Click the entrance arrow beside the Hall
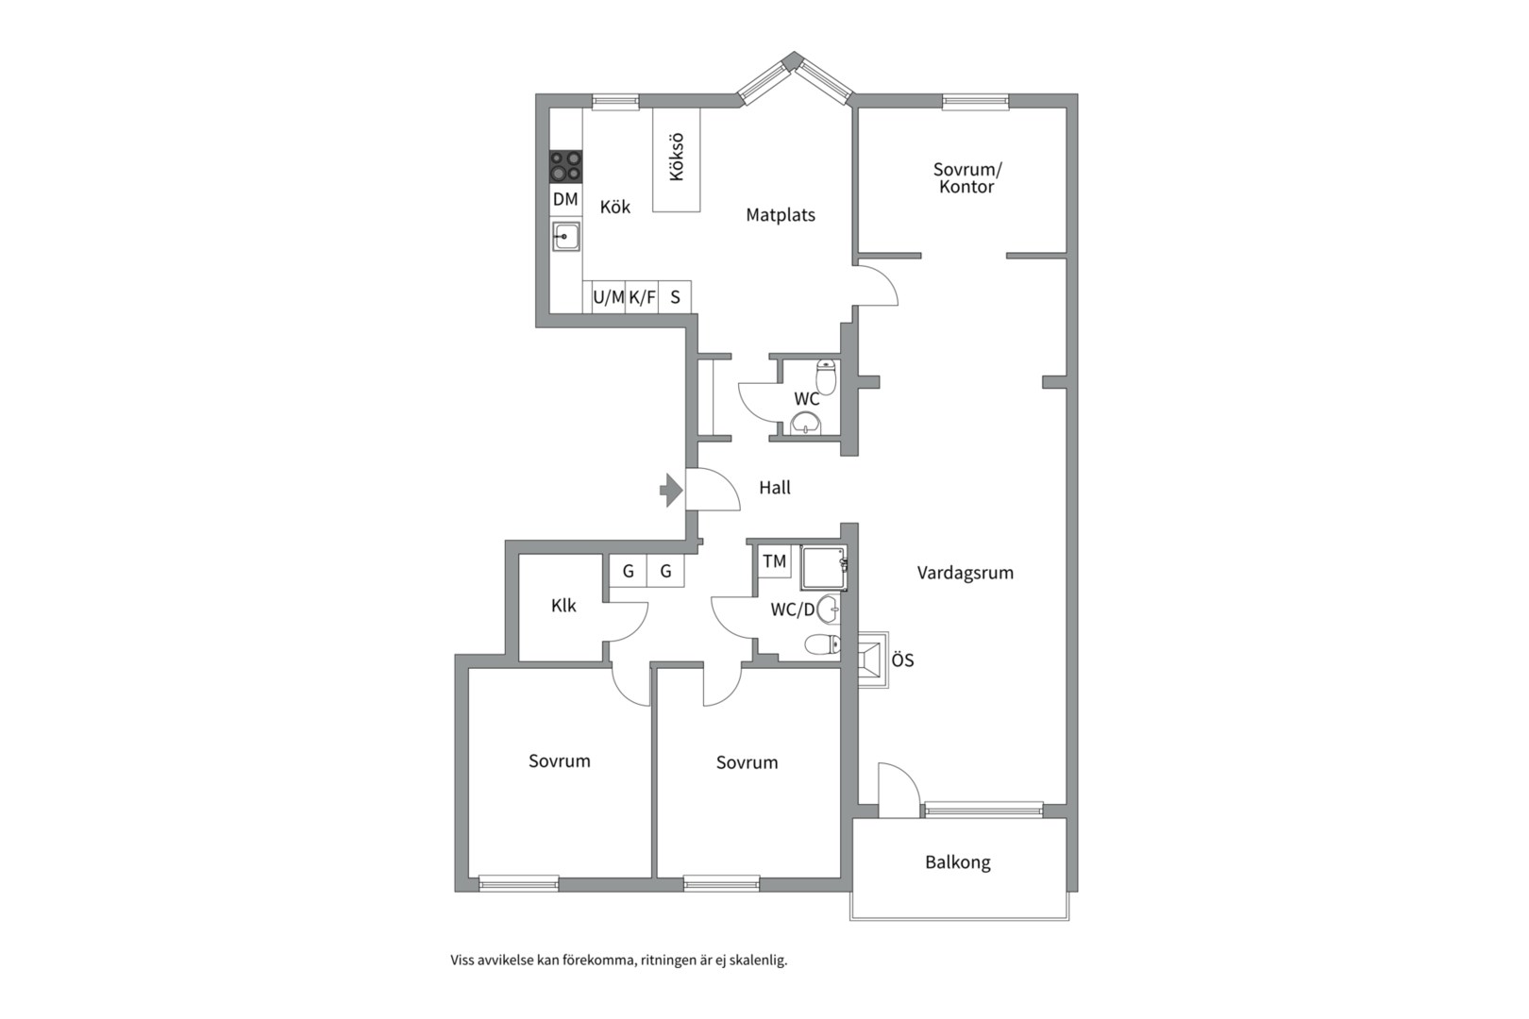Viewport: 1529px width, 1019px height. coord(672,490)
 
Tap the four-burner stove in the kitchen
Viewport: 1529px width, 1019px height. coord(566,167)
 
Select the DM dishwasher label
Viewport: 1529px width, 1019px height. coord(565,199)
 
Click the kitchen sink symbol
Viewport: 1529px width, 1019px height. coord(566,236)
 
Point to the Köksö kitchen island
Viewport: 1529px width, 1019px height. coord(677,159)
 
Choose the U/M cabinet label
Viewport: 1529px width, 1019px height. coord(608,297)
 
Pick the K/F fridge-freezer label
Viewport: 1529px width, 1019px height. coord(643,297)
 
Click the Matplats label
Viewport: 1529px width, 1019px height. coord(781,215)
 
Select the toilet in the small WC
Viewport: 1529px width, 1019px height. coord(827,377)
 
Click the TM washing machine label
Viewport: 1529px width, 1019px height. coord(775,561)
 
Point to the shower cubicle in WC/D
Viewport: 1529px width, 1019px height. coord(824,567)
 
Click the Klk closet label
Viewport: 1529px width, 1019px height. coord(563,606)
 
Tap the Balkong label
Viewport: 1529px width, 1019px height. coord(958,862)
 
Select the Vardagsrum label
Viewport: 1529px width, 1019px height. coord(966,573)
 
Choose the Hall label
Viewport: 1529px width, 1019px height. coord(775,487)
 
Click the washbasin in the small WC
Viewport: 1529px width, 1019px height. coord(808,424)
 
